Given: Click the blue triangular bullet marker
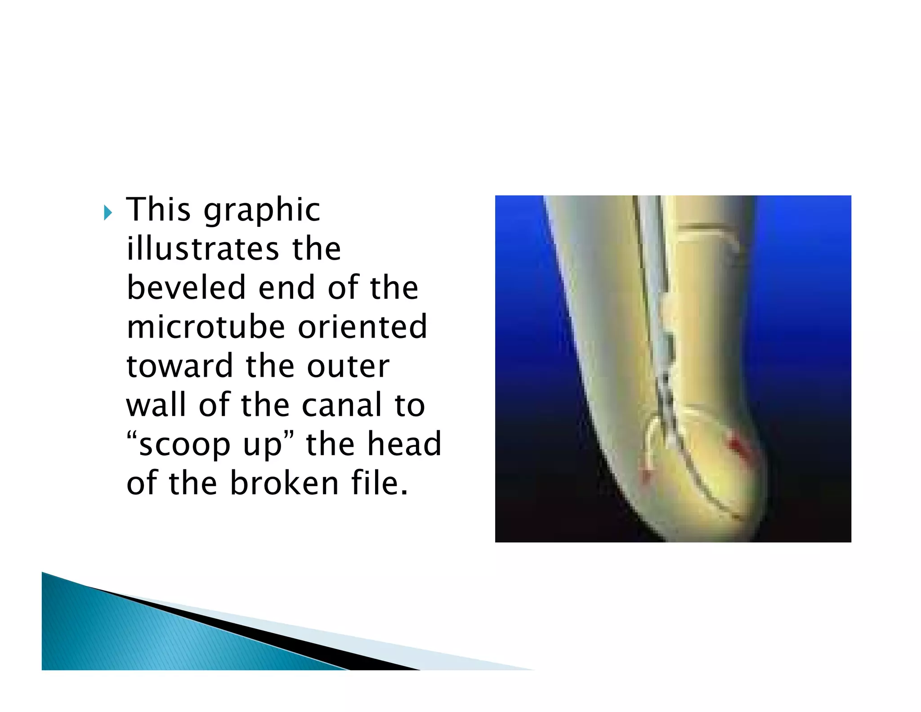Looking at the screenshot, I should pos(107,212).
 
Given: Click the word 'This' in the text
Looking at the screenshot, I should pos(158,210).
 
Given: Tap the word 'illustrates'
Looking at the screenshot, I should pos(203,249).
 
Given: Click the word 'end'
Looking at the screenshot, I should pos(286,288).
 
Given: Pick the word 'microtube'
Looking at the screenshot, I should pos(206,327).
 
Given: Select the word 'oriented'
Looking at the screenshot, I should pos(362,327).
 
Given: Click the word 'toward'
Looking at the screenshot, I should pos(179,366).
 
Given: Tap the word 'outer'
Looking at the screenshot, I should pos(348,366).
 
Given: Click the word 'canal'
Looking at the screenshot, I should pos(341,405).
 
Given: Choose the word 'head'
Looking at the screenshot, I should pos(404,444).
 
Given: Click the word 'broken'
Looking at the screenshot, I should pos(284,483).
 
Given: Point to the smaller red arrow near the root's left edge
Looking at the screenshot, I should pos(646,475).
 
